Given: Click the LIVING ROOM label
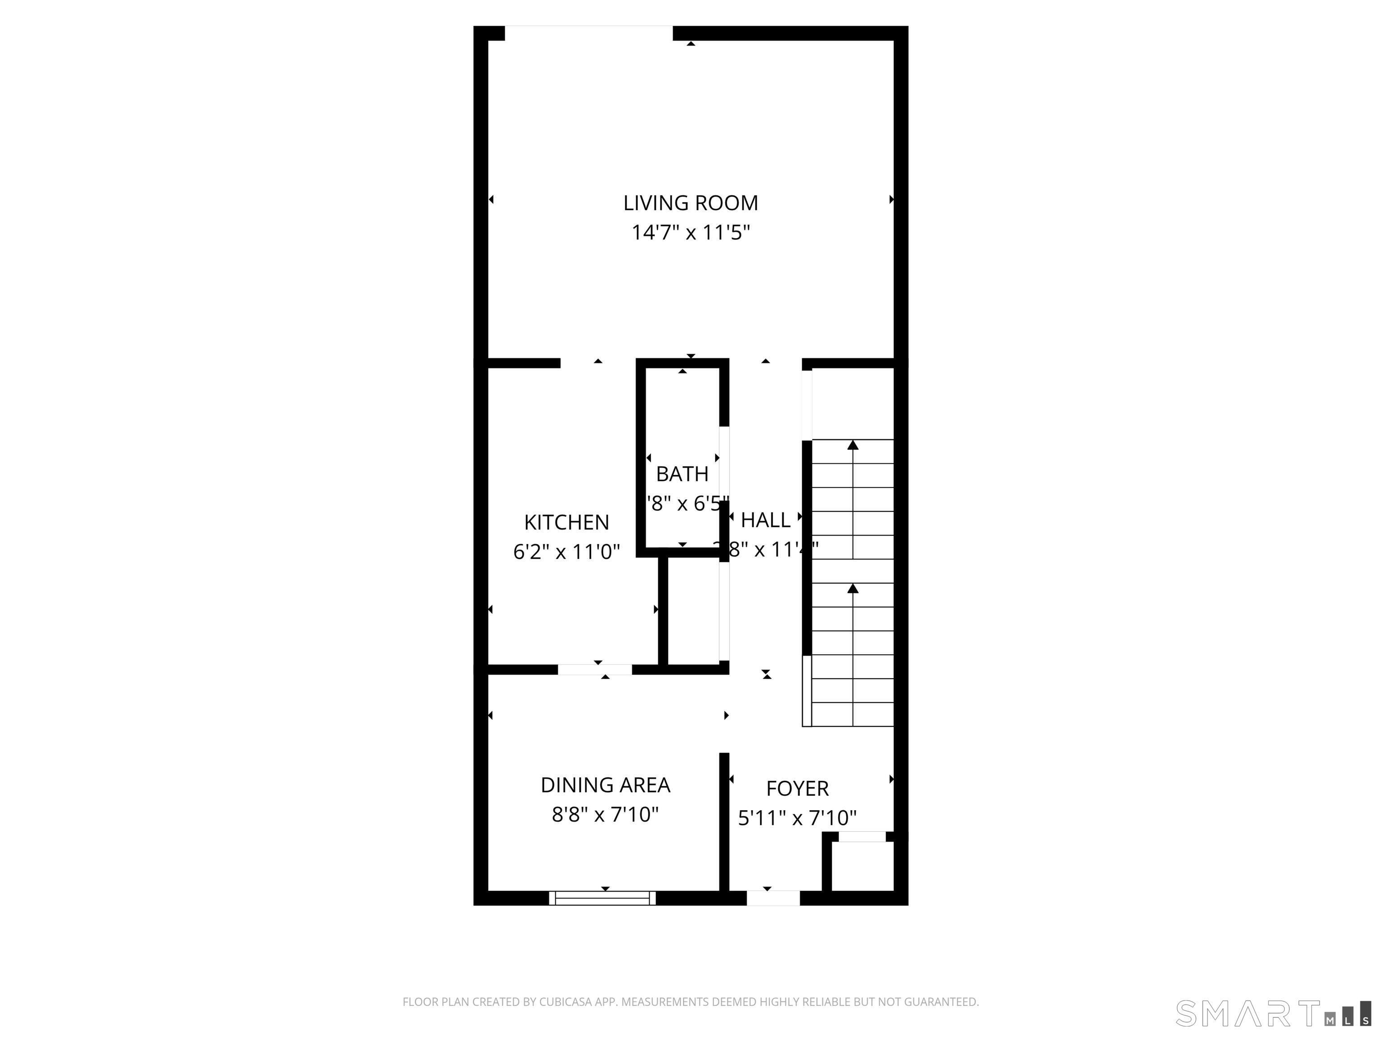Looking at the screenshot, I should click(x=691, y=203).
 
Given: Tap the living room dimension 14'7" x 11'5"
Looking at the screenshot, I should click(x=691, y=233).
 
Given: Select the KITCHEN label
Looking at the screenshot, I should click(x=566, y=522).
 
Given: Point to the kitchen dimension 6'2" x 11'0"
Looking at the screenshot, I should click(x=566, y=552).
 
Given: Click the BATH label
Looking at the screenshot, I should click(x=682, y=474).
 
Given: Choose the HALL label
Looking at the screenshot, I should click(x=765, y=519).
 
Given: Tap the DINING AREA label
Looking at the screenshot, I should click(x=605, y=785).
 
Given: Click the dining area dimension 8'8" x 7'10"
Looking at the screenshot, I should click(x=605, y=815).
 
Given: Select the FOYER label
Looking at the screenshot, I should click(x=797, y=788).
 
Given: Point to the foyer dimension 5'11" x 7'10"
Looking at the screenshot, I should click(x=797, y=818).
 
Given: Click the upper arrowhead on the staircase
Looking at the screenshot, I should click(x=853, y=445).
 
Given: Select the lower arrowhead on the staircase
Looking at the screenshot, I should click(x=853, y=588).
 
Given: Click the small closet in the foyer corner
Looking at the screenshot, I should click(x=863, y=866).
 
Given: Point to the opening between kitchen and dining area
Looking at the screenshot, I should click(x=595, y=669).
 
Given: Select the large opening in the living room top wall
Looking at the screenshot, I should click(x=588, y=32).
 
